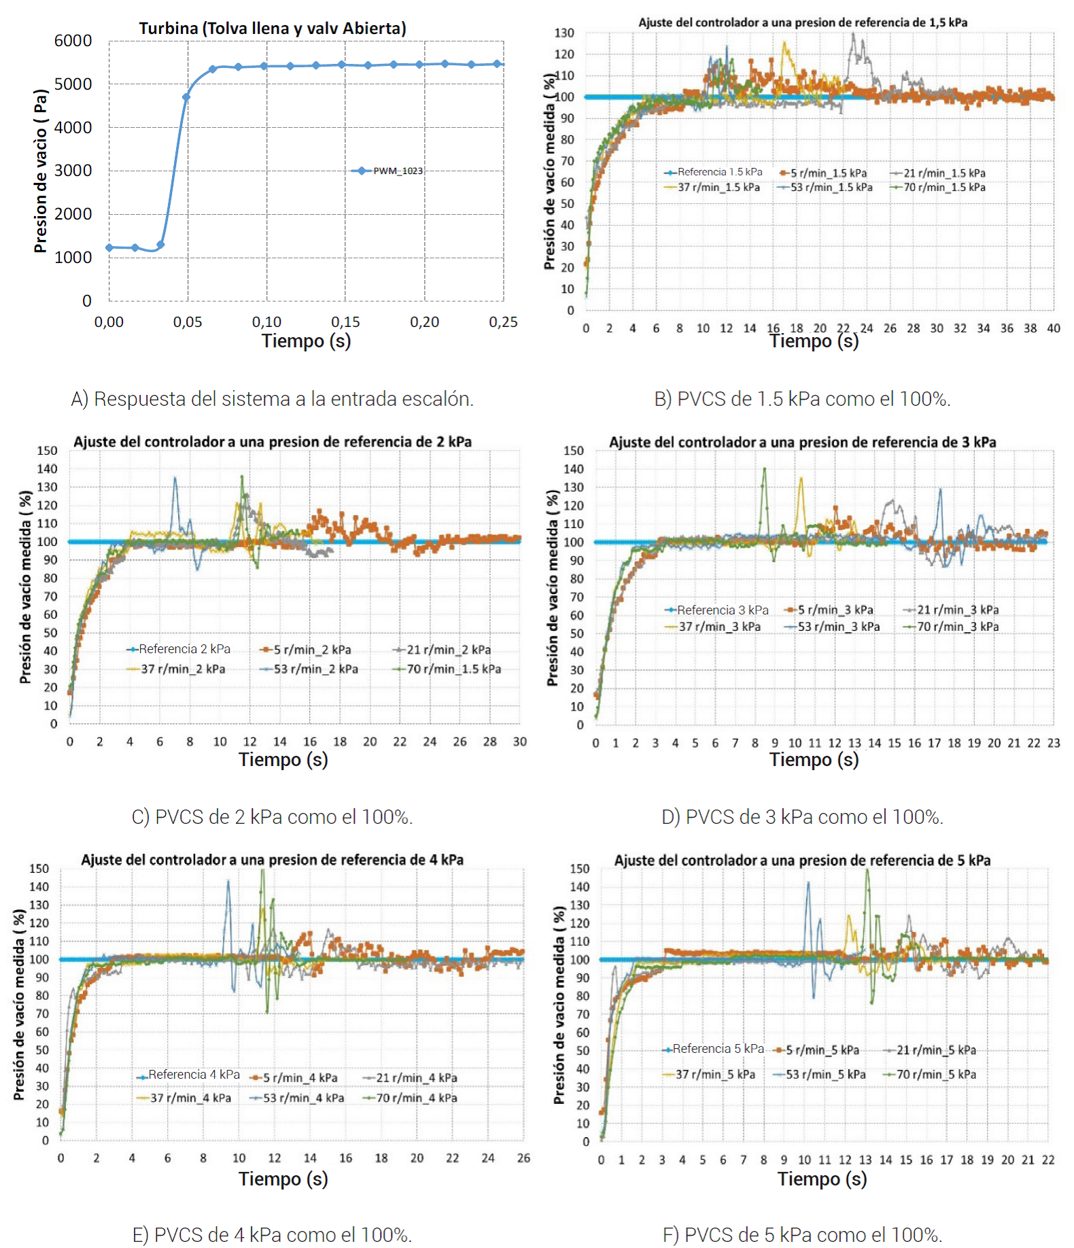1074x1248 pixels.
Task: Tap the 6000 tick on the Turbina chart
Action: (x=73, y=41)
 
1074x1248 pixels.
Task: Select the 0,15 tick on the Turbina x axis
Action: (x=345, y=322)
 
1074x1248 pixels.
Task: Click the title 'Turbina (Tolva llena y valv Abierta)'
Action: (x=273, y=29)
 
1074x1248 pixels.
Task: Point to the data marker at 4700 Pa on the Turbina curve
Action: (x=186, y=97)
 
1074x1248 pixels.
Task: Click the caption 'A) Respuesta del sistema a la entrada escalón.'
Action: (x=272, y=399)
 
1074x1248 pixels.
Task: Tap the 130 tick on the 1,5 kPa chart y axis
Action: (x=564, y=33)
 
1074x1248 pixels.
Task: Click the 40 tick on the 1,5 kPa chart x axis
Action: (x=1053, y=328)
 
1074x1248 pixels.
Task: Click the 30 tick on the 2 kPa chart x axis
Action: (x=519, y=742)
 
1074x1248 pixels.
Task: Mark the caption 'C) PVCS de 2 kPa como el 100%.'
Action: (x=272, y=817)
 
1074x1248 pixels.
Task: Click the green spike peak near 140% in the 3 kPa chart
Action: (x=765, y=468)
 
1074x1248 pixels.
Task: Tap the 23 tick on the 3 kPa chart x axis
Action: (x=1053, y=743)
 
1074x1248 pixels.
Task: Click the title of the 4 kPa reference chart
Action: (x=272, y=860)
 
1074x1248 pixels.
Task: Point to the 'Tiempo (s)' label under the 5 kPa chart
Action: (x=822, y=1179)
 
